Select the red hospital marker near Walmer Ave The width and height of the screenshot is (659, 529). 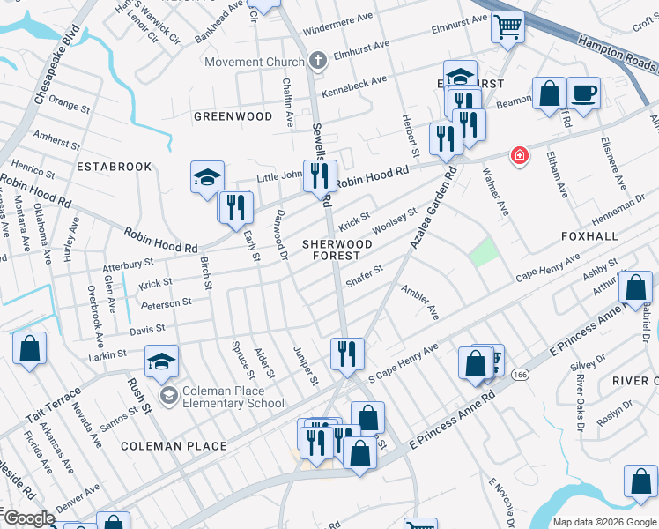tap(521, 156)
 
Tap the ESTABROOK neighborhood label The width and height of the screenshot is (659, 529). tap(115, 167)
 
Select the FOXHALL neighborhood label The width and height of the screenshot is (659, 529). tap(590, 238)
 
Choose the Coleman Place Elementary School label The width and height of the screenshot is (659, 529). tap(233, 398)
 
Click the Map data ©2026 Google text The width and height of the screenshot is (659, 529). tap(604, 521)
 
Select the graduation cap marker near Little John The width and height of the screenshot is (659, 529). tap(207, 177)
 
